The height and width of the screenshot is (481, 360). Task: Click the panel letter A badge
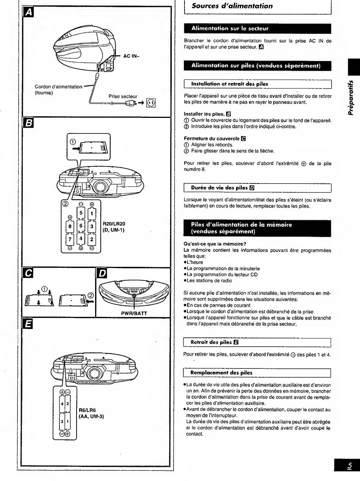(28, 12)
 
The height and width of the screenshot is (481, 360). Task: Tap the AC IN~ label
(131, 56)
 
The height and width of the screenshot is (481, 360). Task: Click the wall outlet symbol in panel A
(151, 103)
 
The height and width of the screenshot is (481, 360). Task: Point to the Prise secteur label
(123, 96)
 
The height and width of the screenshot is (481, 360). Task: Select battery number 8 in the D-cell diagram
(70, 226)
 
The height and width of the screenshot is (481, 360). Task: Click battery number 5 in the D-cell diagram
(81, 213)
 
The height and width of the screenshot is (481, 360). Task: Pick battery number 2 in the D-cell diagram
(92, 239)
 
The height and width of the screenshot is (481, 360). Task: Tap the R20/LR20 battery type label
(114, 224)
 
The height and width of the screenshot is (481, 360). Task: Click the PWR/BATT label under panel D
(134, 313)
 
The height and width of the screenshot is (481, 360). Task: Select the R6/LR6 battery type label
(87, 410)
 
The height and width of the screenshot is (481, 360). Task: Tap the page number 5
(349, 465)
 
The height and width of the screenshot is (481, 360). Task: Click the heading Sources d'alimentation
(232, 6)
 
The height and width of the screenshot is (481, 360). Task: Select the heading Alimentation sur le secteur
(230, 28)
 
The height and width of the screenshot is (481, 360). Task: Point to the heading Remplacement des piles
(221, 373)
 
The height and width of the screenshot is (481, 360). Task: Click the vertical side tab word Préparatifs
(351, 97)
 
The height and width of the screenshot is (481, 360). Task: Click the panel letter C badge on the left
(28, 273)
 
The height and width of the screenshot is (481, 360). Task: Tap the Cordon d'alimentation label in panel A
(58, 87)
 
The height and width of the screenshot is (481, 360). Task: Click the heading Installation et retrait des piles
(230, 84)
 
